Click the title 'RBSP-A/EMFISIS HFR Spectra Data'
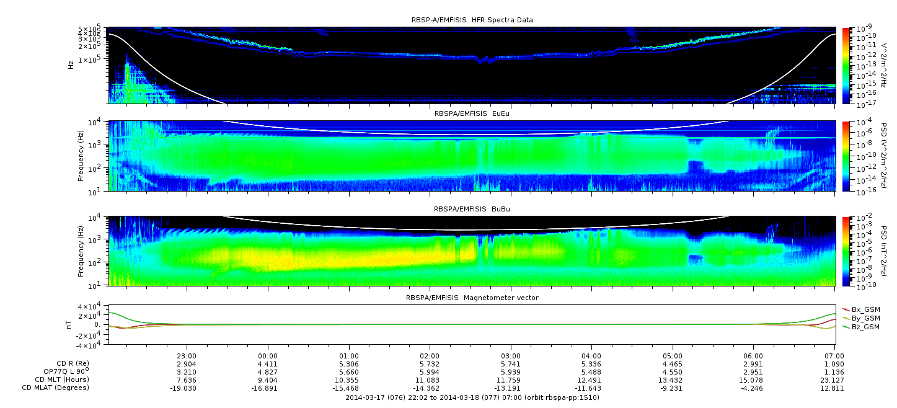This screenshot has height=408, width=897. (x=472, y=20)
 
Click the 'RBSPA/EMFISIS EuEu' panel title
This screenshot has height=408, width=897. (x=472, y=113)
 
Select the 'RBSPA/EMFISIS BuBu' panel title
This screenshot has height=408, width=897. (x=472, y=209)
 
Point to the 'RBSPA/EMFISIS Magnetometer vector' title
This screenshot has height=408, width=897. (x=472, y=298)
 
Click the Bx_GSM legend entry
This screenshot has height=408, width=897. (x=861, y=309)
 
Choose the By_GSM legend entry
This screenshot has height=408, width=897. (x=861, y=318)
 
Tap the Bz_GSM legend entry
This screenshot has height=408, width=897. (x=861, y=327)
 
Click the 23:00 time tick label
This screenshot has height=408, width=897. (x=187, y=357)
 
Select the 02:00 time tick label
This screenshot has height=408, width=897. (x=430, y=357)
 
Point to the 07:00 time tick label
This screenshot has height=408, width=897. (x=834, y=357)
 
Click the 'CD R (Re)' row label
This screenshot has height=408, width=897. (x=73, y=364)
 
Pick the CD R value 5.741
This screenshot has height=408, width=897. (x=511, y=365)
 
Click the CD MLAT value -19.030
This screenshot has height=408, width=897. (x=183, y=388)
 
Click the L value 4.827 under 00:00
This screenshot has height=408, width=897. (x=268, y=372)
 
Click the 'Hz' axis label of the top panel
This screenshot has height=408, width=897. (x=71, y=65)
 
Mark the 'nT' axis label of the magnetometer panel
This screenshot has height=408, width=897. (x=69, y=325)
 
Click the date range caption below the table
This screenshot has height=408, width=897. (x=472, y=397)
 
